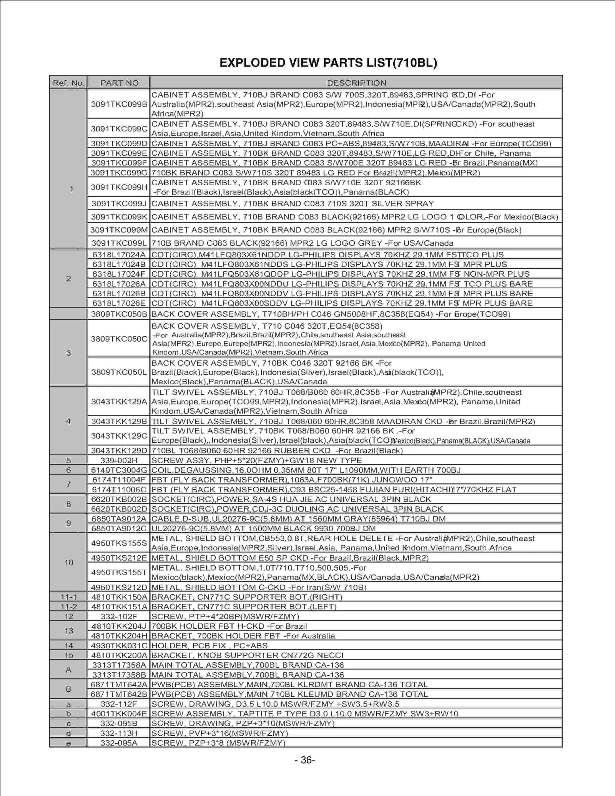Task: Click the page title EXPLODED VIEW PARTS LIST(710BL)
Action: (328, 63)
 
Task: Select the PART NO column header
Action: (119, 83)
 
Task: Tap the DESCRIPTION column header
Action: (356, 83)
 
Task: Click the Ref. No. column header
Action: (68, 83)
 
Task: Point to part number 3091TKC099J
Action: (119, 203)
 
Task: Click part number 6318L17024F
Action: (119, 274)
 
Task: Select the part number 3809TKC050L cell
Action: (119, 372)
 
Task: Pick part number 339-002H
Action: (119, 460)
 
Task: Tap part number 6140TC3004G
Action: (119, 470)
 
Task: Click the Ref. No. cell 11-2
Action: (68, 607)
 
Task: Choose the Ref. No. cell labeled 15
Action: (68, 655)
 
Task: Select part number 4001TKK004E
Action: (119, 714)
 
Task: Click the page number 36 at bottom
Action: (305, 760)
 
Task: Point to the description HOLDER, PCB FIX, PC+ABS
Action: (209, 646)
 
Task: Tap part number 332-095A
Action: (119, 743)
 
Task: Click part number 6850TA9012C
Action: (119, 528)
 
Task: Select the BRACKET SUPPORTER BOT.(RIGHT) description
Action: (247, 597)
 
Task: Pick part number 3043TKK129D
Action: (119, 450)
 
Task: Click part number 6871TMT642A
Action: (119, 685)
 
